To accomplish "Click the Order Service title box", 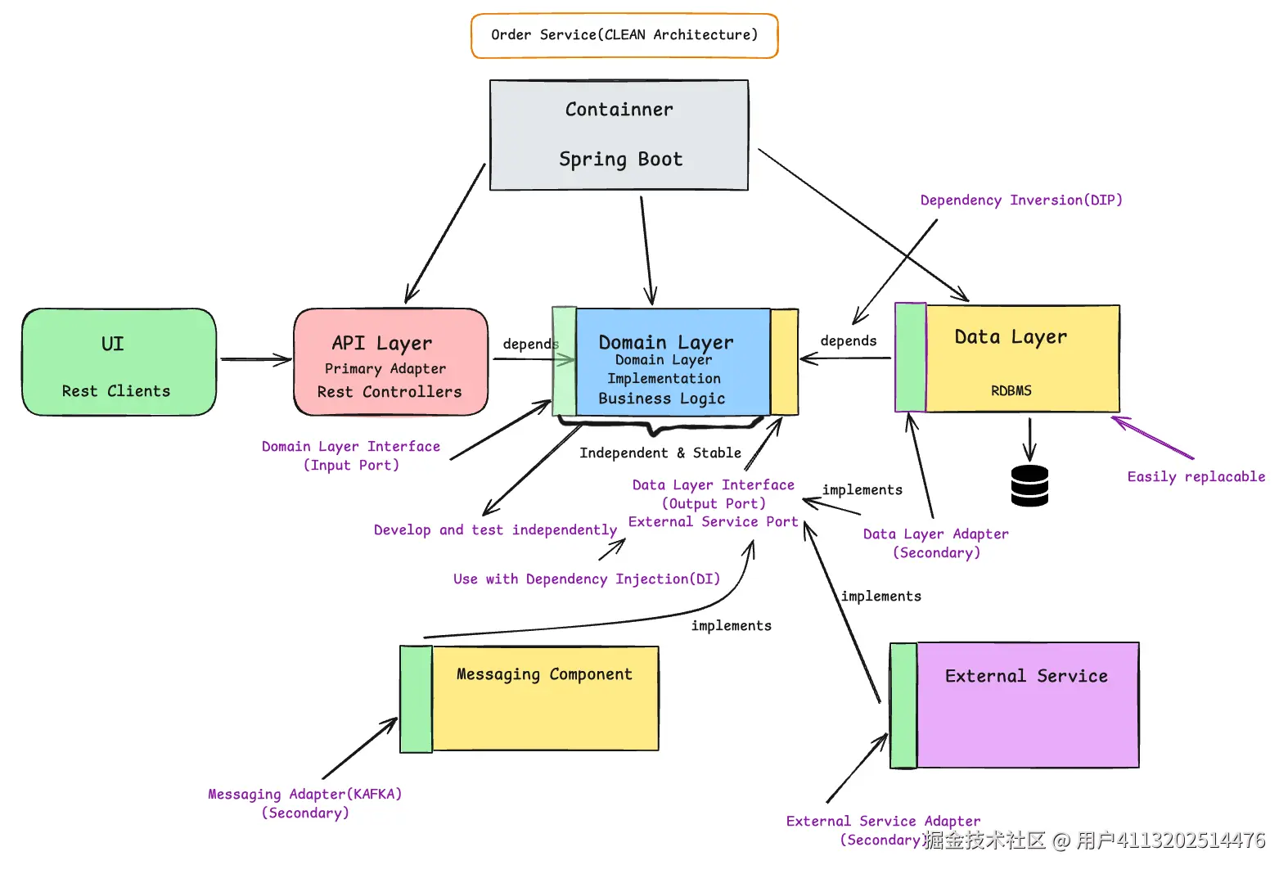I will (624, 35).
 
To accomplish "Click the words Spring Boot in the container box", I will (620, 159).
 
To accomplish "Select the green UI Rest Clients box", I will (119, 363).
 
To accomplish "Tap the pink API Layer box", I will (390, 363).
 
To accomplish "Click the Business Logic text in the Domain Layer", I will (661, 399).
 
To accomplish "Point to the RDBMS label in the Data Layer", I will (1011, 390).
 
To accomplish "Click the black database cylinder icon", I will (1029, 485).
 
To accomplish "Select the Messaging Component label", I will (544, 674).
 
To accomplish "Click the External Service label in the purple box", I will (1026, 676).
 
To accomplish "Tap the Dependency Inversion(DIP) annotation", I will (1020, 200).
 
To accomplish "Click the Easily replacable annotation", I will (1196, 476).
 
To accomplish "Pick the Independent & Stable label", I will (660, 453).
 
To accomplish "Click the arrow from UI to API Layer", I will (254, 359).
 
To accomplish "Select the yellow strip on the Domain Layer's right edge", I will (784, 362).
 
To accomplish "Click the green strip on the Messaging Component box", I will (416, 699).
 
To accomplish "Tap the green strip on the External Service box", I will (903, 705).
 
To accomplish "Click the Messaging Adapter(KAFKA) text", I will (304, 794).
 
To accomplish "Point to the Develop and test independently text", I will (495, 530).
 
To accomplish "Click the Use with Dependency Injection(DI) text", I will (586, 579).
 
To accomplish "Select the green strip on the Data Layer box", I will (910, 358).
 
